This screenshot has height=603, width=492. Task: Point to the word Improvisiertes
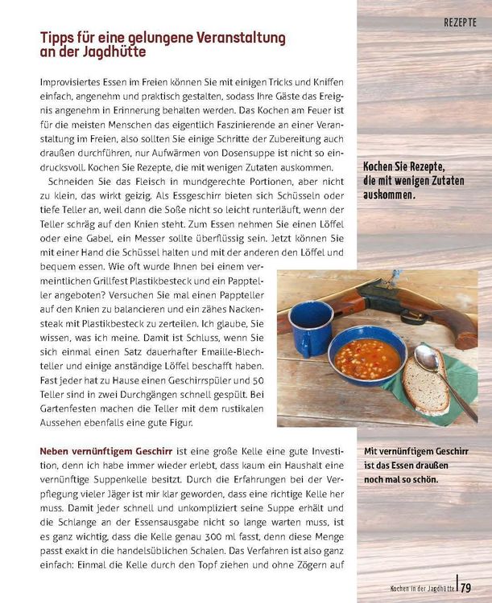coord(74,83)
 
